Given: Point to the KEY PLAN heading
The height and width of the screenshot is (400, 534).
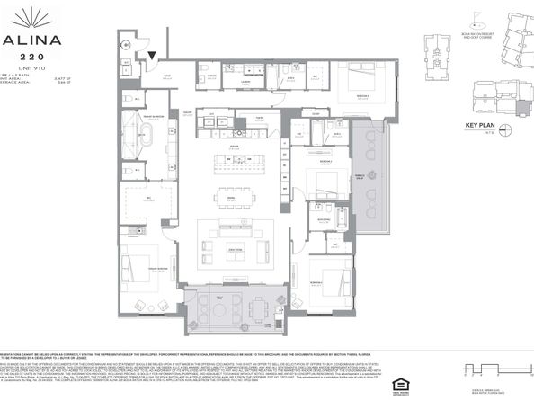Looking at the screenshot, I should (x=482, y=125).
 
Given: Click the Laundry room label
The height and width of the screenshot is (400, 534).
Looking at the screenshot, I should (x=243, y=81).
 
